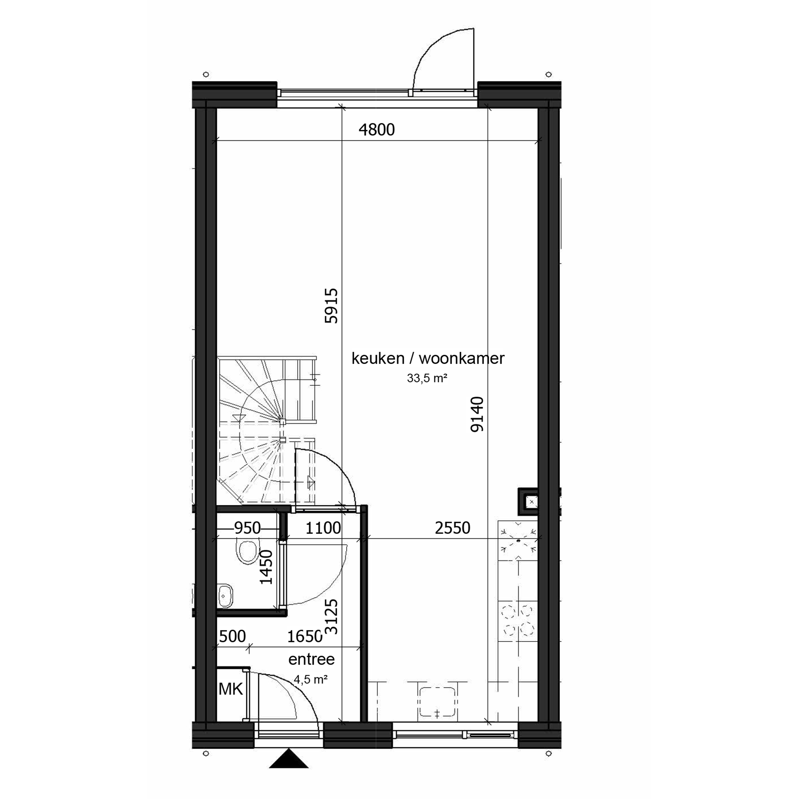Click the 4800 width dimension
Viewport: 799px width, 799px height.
point(376,130)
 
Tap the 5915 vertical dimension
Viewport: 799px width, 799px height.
point(332,306)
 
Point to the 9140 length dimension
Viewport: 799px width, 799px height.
point(477,414)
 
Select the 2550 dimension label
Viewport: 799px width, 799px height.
point(453,528)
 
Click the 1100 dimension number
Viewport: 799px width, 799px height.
point(323,528)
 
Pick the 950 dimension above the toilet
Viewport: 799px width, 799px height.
point(247,528)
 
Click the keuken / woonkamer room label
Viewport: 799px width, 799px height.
point(428,358)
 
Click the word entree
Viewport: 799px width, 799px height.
point(311,659)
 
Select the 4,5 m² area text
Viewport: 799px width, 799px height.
point(311,679)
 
